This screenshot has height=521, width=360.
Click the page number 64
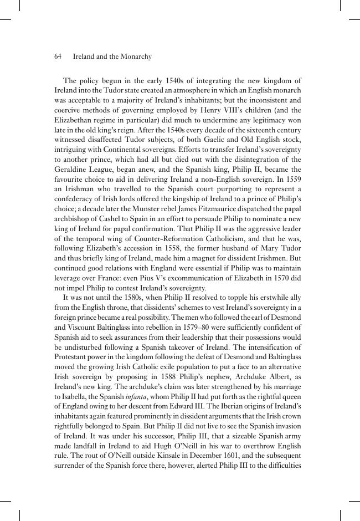point(58,57)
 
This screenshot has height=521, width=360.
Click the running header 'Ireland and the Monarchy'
point(112,57)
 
